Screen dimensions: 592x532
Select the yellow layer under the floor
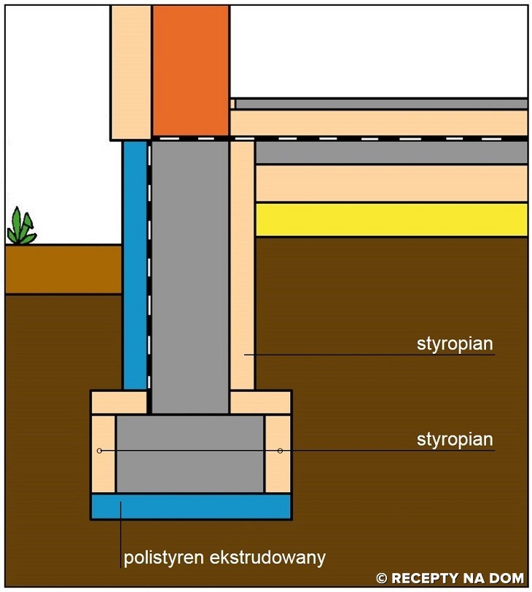tap(391, 219)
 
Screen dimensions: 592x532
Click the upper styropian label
tap(455, 344)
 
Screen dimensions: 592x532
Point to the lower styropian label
tap(455, 440)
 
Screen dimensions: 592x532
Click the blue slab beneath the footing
tap(191, 505)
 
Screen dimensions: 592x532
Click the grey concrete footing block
tap(190, 454)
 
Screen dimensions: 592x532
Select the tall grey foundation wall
tap(189, 277)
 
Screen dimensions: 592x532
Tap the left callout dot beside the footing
tap(100, 451)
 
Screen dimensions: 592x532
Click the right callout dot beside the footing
tap(280, 451)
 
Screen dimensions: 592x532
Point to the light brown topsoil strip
tap(63, 269)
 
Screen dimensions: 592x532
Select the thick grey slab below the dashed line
tap(391, 152)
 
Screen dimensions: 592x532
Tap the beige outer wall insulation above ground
tap(131, 71)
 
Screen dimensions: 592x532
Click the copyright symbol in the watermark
tap(381, 579)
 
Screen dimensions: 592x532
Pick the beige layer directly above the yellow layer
tap(391, 183)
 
